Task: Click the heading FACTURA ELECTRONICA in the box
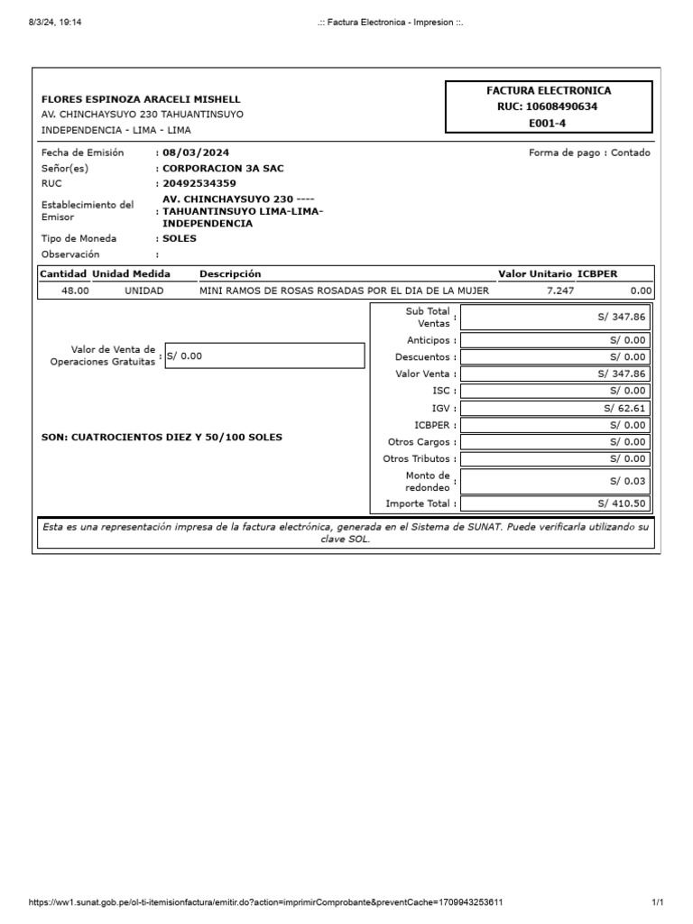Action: click(549, 91)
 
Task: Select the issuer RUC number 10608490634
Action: click(549, 106)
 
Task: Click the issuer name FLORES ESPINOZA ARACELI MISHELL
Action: click(141, 99)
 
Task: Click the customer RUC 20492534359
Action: click(199, 183)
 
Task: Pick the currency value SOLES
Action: click(180, 238)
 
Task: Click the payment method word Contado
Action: click(630, 152)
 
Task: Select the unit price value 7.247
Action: click(560, 291)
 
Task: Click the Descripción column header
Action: click(230, 273)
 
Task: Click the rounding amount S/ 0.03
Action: click(628, 481)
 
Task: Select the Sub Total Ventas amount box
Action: click(555, 318)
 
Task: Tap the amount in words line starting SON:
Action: click(162, 437)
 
